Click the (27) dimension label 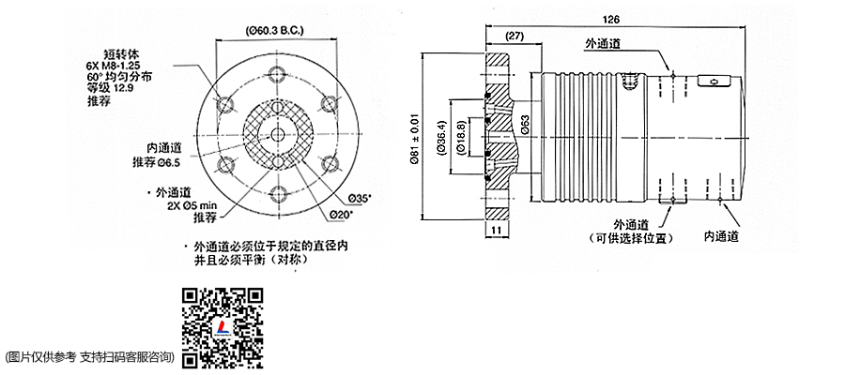click(x=514, y=36)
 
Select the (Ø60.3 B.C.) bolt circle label click(x=279, y=31)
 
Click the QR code click(x=221, y=324)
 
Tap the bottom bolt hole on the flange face click(x=277, y=195)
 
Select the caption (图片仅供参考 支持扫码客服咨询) click(x=91, y=356)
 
